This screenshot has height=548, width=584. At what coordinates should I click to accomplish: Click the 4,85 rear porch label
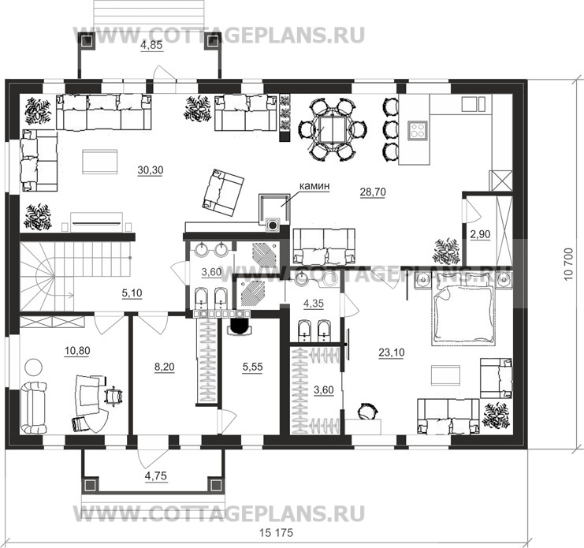pyautogui.click(x=151, y=47)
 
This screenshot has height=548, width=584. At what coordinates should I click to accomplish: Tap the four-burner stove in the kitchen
pyautogui.click(x=418, y=130)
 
